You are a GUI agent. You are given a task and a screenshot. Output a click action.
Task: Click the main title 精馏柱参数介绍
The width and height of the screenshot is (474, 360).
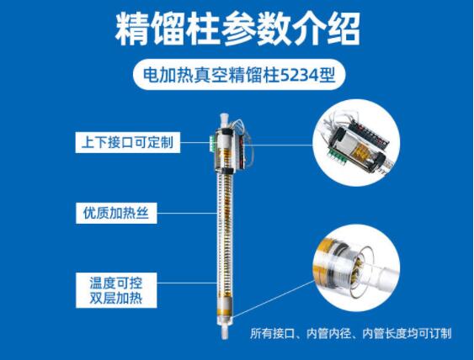[237, 29]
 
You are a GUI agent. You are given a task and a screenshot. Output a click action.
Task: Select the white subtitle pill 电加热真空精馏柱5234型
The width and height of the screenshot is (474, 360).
[239, 75]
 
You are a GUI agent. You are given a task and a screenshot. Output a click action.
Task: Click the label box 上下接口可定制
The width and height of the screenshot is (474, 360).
[128, 142]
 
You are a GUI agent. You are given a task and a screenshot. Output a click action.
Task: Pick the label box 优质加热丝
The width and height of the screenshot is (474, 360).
[116, 213]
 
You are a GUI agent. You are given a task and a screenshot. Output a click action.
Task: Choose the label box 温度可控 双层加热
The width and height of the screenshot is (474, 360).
[116, 290]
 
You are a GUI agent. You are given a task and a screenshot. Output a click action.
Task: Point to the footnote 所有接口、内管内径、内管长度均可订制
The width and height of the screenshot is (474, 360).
[351, 333]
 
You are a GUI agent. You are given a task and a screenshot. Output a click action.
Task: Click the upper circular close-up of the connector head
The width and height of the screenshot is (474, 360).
[356, 142]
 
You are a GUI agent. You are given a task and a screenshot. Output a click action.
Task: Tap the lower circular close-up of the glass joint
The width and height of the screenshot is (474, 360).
[356, 268]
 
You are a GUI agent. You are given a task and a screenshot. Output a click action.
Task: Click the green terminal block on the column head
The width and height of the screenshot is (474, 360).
[212, 143]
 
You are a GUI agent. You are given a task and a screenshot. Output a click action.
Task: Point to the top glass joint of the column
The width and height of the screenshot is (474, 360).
[224, 120]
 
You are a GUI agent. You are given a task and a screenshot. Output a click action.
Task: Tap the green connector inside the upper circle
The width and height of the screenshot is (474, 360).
[337, 155]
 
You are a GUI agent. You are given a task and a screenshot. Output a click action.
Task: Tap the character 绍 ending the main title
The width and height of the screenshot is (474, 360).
[344, 29]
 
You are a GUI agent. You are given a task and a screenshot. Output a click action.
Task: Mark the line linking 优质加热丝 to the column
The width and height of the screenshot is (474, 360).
[187, 213]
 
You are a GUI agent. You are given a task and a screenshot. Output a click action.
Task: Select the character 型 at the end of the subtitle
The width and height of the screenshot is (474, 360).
[327, 75]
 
